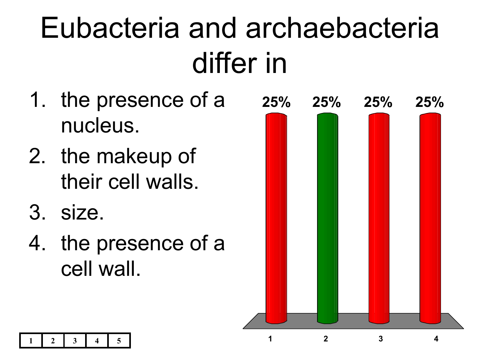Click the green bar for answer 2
327,218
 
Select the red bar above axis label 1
276,218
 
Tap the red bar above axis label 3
379,218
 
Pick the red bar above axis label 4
430,218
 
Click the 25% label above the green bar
326,102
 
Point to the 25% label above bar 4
429,102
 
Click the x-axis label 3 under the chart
381,339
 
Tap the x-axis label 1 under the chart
270,339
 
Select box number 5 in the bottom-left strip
119,340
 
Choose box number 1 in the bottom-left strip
31,340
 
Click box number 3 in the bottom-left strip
75,340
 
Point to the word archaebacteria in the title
342,28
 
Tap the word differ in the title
224,63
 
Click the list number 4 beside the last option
37,243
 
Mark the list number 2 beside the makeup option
37,156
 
